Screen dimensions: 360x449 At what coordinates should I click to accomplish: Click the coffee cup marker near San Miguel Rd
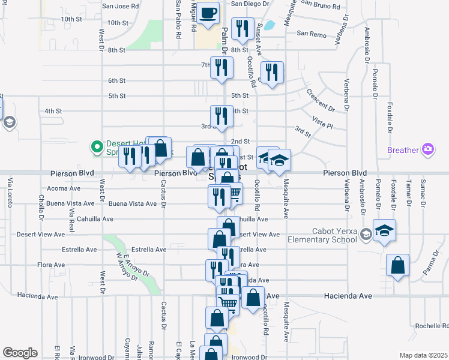(x=208, y=13)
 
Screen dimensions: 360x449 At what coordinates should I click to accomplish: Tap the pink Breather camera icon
(x=428, y=149)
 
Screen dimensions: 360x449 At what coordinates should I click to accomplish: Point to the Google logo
(x=20, y=353)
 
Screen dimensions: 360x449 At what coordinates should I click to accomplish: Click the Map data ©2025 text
(x=423, y=355)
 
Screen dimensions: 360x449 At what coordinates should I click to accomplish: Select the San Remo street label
(x=311, y=35)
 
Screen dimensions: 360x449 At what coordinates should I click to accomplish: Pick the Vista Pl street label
(x=322, y=124)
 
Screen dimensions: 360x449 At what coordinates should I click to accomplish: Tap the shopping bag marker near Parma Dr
(x=397, y=265)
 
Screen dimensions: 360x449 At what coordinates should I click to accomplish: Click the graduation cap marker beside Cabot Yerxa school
(x=384, y=230)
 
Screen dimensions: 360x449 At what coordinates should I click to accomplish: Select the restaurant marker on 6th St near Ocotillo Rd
(x=272, y=73)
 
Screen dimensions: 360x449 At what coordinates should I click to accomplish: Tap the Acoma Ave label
(x=63, y=188)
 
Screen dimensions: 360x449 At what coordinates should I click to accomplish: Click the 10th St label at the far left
(x=71, y=19)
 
